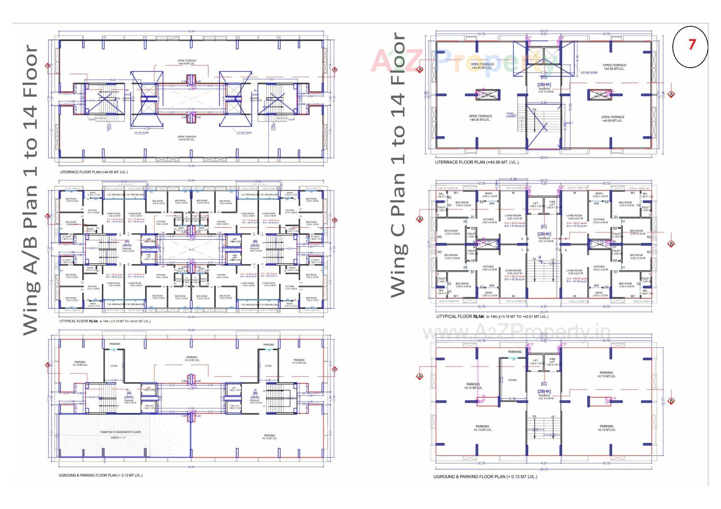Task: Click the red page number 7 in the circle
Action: [x=692, y=45]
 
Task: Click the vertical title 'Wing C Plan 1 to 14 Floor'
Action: [x=398, y=165]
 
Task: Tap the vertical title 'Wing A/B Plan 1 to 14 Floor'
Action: [x=31, y=189]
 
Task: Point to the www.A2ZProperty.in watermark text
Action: [x=516, y=332]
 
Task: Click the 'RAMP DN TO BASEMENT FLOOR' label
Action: [x=121, y=432]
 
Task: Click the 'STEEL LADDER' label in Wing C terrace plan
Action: [x=511, y=115]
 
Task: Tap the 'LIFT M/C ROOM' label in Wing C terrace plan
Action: [x=589, y=72]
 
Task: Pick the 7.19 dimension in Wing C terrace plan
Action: [x=543, y=73]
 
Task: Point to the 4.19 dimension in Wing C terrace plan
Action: [x=577, y=59]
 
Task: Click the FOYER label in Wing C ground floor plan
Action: [x=512, y=380]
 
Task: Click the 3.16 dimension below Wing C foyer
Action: [x=512, y=399]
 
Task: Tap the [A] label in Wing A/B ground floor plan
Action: [x=129, y=393]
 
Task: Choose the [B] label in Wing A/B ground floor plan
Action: [x=255, y=393]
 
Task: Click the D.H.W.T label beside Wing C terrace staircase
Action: [x=569, y=123]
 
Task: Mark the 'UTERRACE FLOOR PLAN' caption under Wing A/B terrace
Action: [x=94, y=172]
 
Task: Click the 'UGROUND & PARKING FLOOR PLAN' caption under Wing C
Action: [x=485, y=477]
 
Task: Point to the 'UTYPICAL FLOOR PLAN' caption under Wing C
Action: [x=492, y=317]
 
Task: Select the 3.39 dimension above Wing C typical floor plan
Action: [x=513, y=179]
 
